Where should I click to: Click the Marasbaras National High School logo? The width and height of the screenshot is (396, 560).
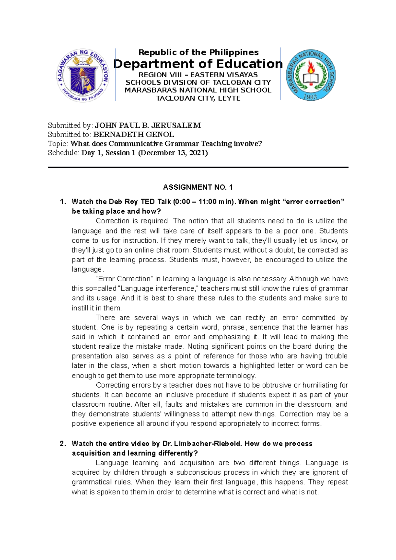point(311,75)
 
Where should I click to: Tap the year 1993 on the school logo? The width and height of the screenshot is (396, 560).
point(311,97)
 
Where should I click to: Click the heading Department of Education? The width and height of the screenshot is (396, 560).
point(198,64)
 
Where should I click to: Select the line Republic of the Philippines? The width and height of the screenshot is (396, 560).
point(198,52)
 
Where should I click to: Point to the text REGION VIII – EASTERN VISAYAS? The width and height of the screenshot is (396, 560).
point(198,75)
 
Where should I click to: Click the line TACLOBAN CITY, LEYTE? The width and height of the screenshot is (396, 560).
point(198,98)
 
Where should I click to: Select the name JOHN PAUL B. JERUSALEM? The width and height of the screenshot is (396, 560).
point(148,125)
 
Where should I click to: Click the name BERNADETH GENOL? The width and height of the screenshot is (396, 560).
point(134,135)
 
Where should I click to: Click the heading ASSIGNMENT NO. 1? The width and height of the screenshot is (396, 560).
point(198,187)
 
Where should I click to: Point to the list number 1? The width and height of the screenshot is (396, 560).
point(63,202)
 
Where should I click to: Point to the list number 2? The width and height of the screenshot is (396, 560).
point(63,444)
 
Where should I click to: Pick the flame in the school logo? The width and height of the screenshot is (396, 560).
point(311,67)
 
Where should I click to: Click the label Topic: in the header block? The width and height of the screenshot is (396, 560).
point(58,144)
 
